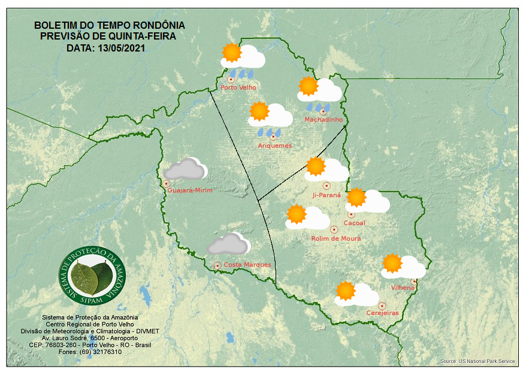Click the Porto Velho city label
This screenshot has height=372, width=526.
238,87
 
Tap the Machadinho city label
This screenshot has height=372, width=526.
324,120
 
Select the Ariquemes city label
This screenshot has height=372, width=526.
274,146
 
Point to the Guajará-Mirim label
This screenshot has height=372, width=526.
190,190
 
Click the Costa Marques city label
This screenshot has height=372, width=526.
247,265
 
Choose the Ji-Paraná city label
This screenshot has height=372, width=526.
327,195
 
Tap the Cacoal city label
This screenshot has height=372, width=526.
354,223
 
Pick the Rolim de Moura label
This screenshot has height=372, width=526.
336,238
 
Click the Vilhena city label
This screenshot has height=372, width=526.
403,288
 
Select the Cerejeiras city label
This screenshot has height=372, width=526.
382,313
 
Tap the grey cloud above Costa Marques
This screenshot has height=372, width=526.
228,244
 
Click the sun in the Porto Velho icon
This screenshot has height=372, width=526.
231,53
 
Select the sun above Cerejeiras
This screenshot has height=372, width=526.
346,291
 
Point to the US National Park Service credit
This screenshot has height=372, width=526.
477,361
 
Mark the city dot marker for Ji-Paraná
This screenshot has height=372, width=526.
327,186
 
